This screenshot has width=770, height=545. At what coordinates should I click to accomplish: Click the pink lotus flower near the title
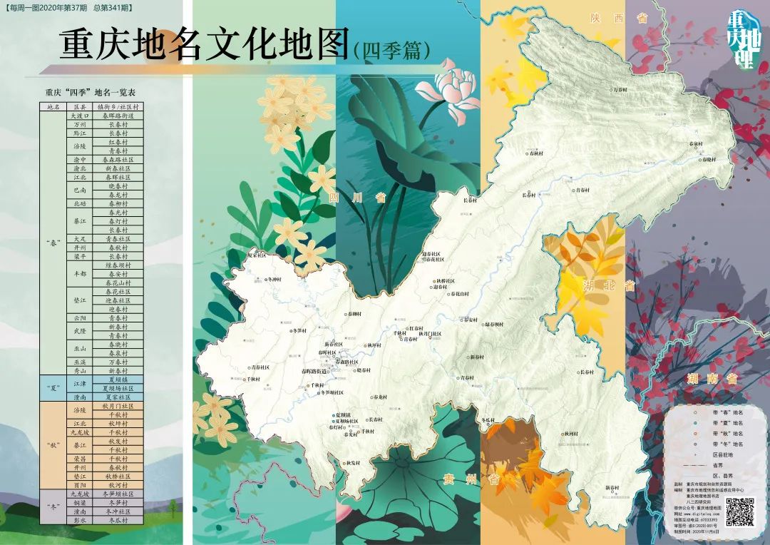[457, 84]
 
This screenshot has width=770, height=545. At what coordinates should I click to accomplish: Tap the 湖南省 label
[713, 379]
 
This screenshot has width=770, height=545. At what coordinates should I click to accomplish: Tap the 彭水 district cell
[80, 520]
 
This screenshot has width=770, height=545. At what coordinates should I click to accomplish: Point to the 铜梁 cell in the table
[80, 502]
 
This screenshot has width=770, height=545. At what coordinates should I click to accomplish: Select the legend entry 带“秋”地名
[727, 432]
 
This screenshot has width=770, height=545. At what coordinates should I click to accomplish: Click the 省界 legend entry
[721, 464]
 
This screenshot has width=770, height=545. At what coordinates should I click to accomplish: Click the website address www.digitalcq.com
[699, 512]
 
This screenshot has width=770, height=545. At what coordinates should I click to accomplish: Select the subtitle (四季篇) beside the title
[391, 49]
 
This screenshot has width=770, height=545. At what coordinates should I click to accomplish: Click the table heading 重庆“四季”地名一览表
[91, 92]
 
